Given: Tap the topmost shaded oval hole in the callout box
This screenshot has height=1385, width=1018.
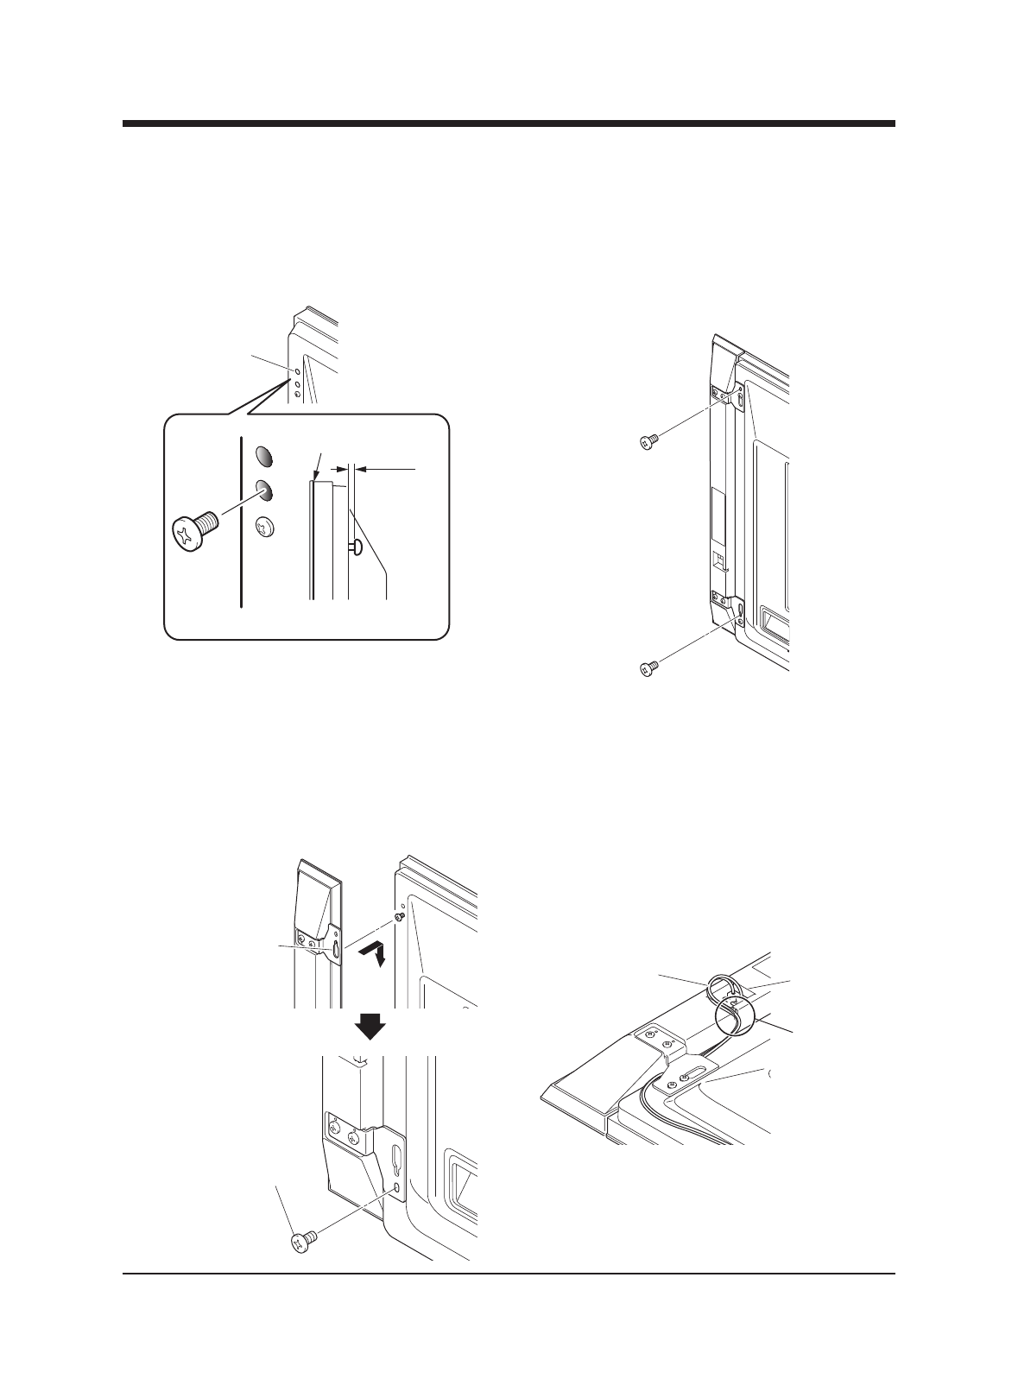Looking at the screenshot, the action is click(x=265, y=455).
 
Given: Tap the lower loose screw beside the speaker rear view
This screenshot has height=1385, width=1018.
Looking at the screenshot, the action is click(x=648, y=667).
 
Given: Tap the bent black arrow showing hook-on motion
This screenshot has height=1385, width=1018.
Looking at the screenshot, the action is click(x=375, y=953).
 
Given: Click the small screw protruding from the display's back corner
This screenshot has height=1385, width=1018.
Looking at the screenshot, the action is click(x=399, y=917).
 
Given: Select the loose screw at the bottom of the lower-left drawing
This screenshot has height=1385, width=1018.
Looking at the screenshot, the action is click(x=302, y=1242).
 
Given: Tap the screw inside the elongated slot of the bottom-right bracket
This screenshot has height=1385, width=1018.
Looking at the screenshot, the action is click(x=685, y=1077).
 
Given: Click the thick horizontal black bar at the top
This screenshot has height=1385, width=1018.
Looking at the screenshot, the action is click(x=509, y=124).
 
